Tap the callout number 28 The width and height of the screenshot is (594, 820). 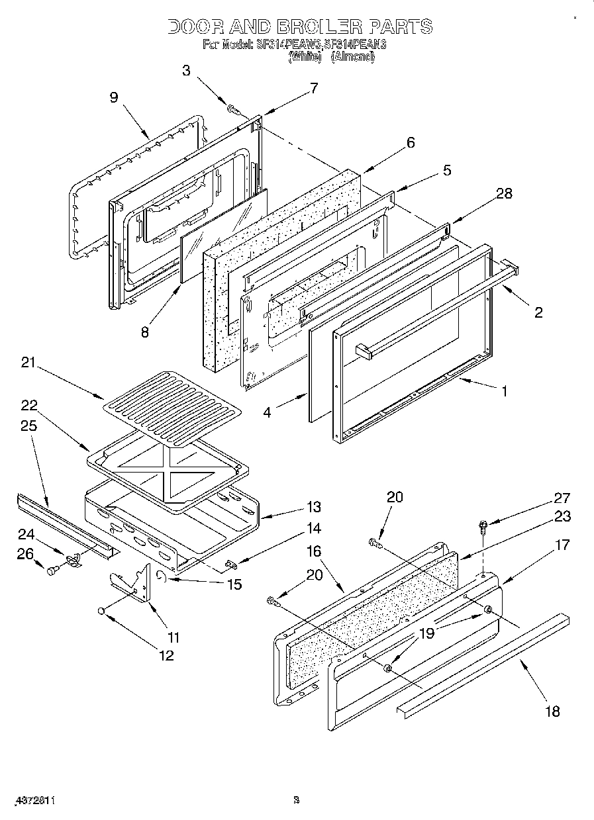(x=504, y=193)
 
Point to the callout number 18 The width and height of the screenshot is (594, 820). (x=552, y=711)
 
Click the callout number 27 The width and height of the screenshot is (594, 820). (x=562, y=498)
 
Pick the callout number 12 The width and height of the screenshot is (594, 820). (x=165, y=655)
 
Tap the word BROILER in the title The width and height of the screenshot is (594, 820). (x=319, y=26)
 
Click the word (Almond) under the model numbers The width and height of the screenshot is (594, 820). (x=353, y=57)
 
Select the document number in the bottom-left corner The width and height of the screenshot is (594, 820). (x=32, y=800)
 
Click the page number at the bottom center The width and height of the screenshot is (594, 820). (x=297, y=800)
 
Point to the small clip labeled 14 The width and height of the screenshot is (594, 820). (x=231, y=564)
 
